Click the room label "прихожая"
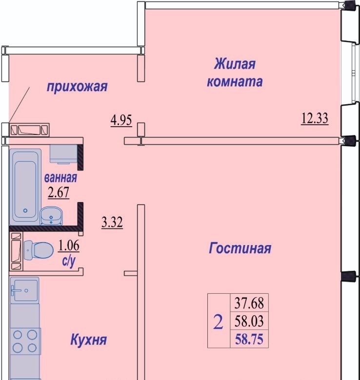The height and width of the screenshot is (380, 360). point(77,87)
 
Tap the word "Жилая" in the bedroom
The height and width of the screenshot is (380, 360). point(235,64)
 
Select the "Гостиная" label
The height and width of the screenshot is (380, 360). point(240,248)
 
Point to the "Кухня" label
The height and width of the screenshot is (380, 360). point(89,340)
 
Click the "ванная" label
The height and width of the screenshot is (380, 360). point(60,178)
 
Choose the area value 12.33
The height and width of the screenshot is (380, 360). point(315,118)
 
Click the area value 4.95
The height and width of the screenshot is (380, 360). point(121,120)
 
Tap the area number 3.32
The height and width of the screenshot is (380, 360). point(112,222)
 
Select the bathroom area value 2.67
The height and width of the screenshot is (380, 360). point(59,192)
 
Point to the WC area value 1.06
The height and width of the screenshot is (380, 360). point(69,246)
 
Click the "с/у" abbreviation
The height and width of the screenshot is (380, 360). point(69,261)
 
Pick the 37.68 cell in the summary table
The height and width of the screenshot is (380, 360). point(249,303)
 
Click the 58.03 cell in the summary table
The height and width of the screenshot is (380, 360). point(249,321)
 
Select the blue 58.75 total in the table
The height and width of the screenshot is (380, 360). point(249,339)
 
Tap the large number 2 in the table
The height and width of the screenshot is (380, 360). point(218,322)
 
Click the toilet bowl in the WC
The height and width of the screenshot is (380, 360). point(39,250)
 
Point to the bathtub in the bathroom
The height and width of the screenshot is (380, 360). point(25,187)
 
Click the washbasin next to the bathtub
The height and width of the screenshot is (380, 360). point(51,215)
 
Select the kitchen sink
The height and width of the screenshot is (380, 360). point(24,290)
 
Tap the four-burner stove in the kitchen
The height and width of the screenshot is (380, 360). point(25,341)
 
